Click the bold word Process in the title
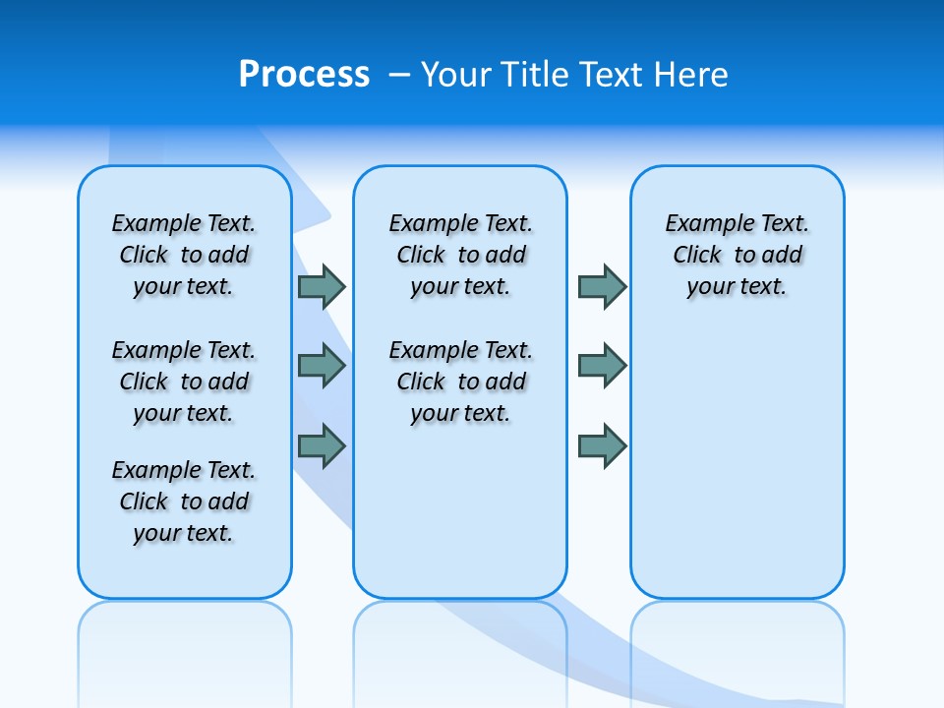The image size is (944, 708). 304,75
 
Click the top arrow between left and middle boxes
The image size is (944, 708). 322,286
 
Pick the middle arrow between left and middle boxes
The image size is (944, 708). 322,366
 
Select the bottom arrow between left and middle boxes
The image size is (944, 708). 322,446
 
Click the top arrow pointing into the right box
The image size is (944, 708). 602,286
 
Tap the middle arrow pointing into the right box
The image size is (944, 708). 602,366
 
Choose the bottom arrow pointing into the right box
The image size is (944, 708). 602,446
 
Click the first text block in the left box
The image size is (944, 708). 184,255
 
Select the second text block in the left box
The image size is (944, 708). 184,382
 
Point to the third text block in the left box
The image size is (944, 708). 184,501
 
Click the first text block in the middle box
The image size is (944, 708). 461,255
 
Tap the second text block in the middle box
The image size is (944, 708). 461,382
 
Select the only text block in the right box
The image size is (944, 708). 737,255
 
